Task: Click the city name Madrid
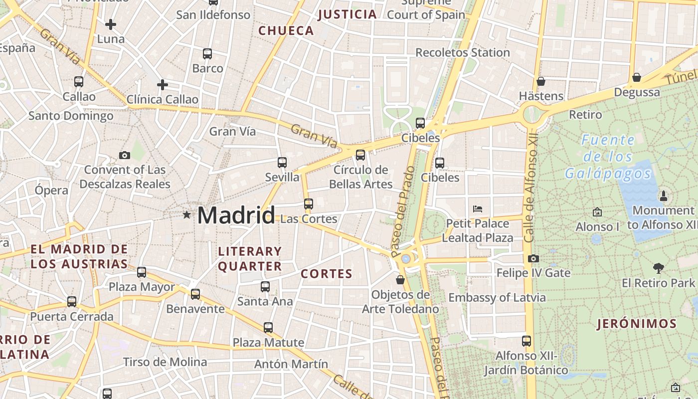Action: click(x=236, y=215)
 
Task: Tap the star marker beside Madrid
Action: click(x=186, y=215)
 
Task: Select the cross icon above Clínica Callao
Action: click(x=162, y=85)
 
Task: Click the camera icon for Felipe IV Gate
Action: click(x=533, y=258)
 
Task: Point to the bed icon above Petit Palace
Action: click(x=477, y=208)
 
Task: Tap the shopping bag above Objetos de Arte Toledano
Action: click(x=400, y=280)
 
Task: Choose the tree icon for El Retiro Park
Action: click(x=658, y=268)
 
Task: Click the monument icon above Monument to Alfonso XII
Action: click(x=663, y=196)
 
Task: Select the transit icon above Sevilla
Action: click(x=282, y=163)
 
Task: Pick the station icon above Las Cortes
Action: click(x=309, y=204)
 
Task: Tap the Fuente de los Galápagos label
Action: click(x=608, y=157)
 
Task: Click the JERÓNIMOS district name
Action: click(x=637, y=324)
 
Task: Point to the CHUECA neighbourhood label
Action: click(x=286, y=31)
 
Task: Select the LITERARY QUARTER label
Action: click(x=250, y=259)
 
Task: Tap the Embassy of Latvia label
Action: click(x=497, y=298)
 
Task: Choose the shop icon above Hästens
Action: click(x=541, y=81)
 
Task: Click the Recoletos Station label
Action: click(x=462, y=52)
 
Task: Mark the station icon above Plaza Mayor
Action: click(x=142, y=272)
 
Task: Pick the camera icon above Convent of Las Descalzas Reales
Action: click(x=125, y=156)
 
